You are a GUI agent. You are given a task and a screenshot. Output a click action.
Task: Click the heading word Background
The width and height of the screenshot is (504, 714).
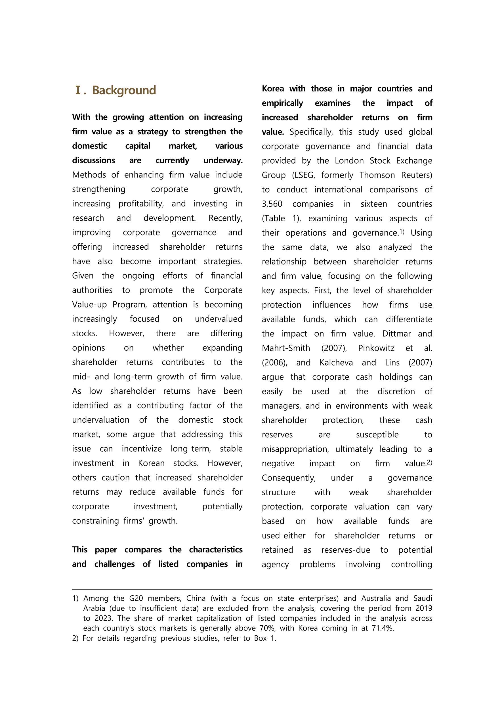click(x=124, y=90)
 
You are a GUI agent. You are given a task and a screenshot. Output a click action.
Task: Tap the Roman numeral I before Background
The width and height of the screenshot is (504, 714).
click(x=78, y=90)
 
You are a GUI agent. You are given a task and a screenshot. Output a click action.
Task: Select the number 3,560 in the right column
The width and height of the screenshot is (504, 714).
click(x=272, y=204)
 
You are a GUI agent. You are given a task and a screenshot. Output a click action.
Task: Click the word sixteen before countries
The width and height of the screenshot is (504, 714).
click(x=374, y=204)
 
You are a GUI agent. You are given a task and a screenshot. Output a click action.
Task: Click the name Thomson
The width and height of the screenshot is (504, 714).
click(x=377, y=175)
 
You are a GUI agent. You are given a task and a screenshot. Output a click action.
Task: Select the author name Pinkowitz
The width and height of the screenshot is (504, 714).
click(x=376, y=348)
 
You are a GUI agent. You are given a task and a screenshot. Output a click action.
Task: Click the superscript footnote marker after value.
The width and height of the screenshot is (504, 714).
click(x=429, y=462)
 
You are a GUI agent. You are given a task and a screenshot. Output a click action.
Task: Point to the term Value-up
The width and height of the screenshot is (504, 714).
click(x=89, y=304)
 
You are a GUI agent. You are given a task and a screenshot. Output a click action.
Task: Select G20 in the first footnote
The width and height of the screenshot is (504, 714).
click(x=136, y=598)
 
